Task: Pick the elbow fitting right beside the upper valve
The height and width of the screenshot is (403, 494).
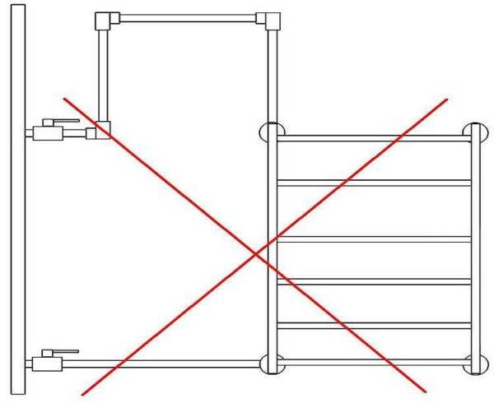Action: coord(103,130)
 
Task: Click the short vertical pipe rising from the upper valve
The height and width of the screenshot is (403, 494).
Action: coord(103,74)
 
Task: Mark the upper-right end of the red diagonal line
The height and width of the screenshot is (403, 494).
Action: coord(447,100)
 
